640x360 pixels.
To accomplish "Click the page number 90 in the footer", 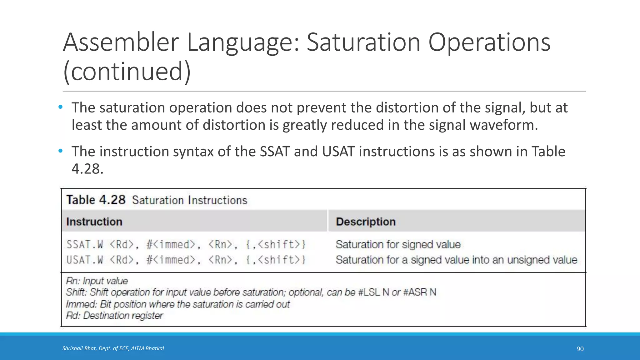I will pos(580,349).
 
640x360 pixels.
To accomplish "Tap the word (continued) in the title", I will pos(127,71).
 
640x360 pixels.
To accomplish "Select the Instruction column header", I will pos(94,222).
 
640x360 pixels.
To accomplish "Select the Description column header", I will pos(366,222).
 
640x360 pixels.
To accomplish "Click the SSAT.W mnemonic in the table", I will pos(85,244).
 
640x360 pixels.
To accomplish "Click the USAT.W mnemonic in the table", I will pos(85,260).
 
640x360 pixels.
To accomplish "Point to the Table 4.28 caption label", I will pos(96,200).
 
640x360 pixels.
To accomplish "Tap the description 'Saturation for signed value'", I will pos(398,244).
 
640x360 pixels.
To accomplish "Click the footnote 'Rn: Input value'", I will pos(97,281).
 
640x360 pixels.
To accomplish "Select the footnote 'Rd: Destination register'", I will pos(114,316).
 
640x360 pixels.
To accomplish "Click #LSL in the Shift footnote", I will pos(369,292).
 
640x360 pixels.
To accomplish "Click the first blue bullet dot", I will pos(61,107).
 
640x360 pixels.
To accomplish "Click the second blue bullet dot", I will pos(61,151).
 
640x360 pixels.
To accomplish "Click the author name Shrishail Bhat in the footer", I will pos(79,348).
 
